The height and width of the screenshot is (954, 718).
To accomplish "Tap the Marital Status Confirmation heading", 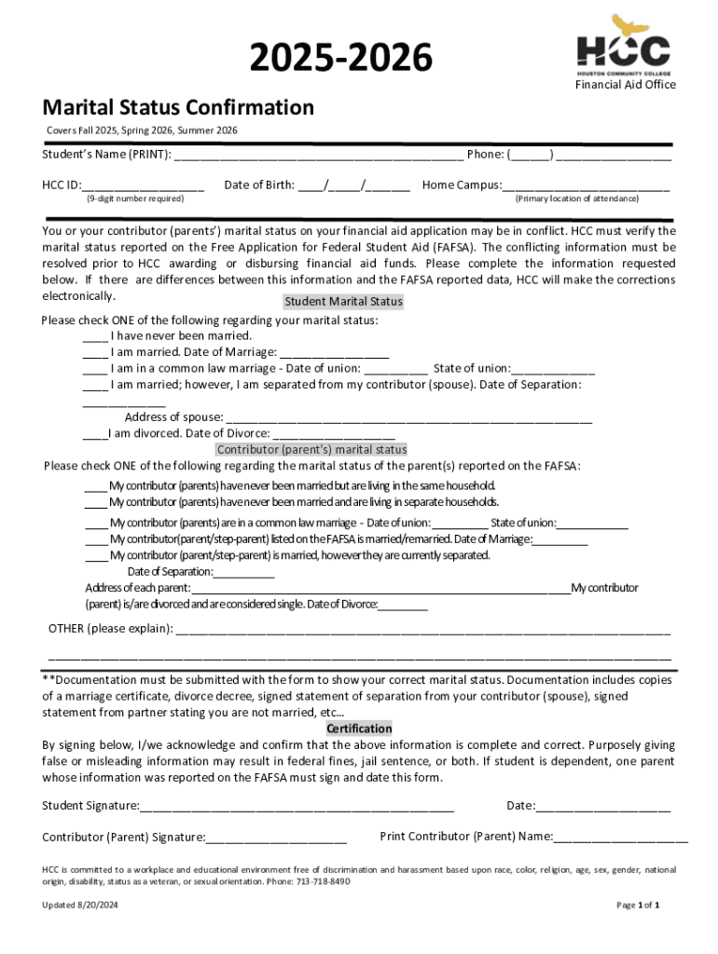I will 178,107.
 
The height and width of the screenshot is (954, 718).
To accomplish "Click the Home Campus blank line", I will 586,186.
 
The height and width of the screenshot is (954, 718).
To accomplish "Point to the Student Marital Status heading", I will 343,302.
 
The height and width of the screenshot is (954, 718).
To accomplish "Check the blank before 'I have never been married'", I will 94,336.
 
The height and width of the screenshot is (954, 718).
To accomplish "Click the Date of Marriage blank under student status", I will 334,353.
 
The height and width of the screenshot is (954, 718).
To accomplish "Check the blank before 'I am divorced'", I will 93,434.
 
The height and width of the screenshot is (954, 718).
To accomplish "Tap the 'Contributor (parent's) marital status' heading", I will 311,450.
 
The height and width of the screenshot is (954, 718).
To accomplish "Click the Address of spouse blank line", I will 408,418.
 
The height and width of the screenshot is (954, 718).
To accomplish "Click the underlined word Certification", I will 359,729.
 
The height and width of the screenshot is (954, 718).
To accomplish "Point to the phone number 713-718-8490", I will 324,881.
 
